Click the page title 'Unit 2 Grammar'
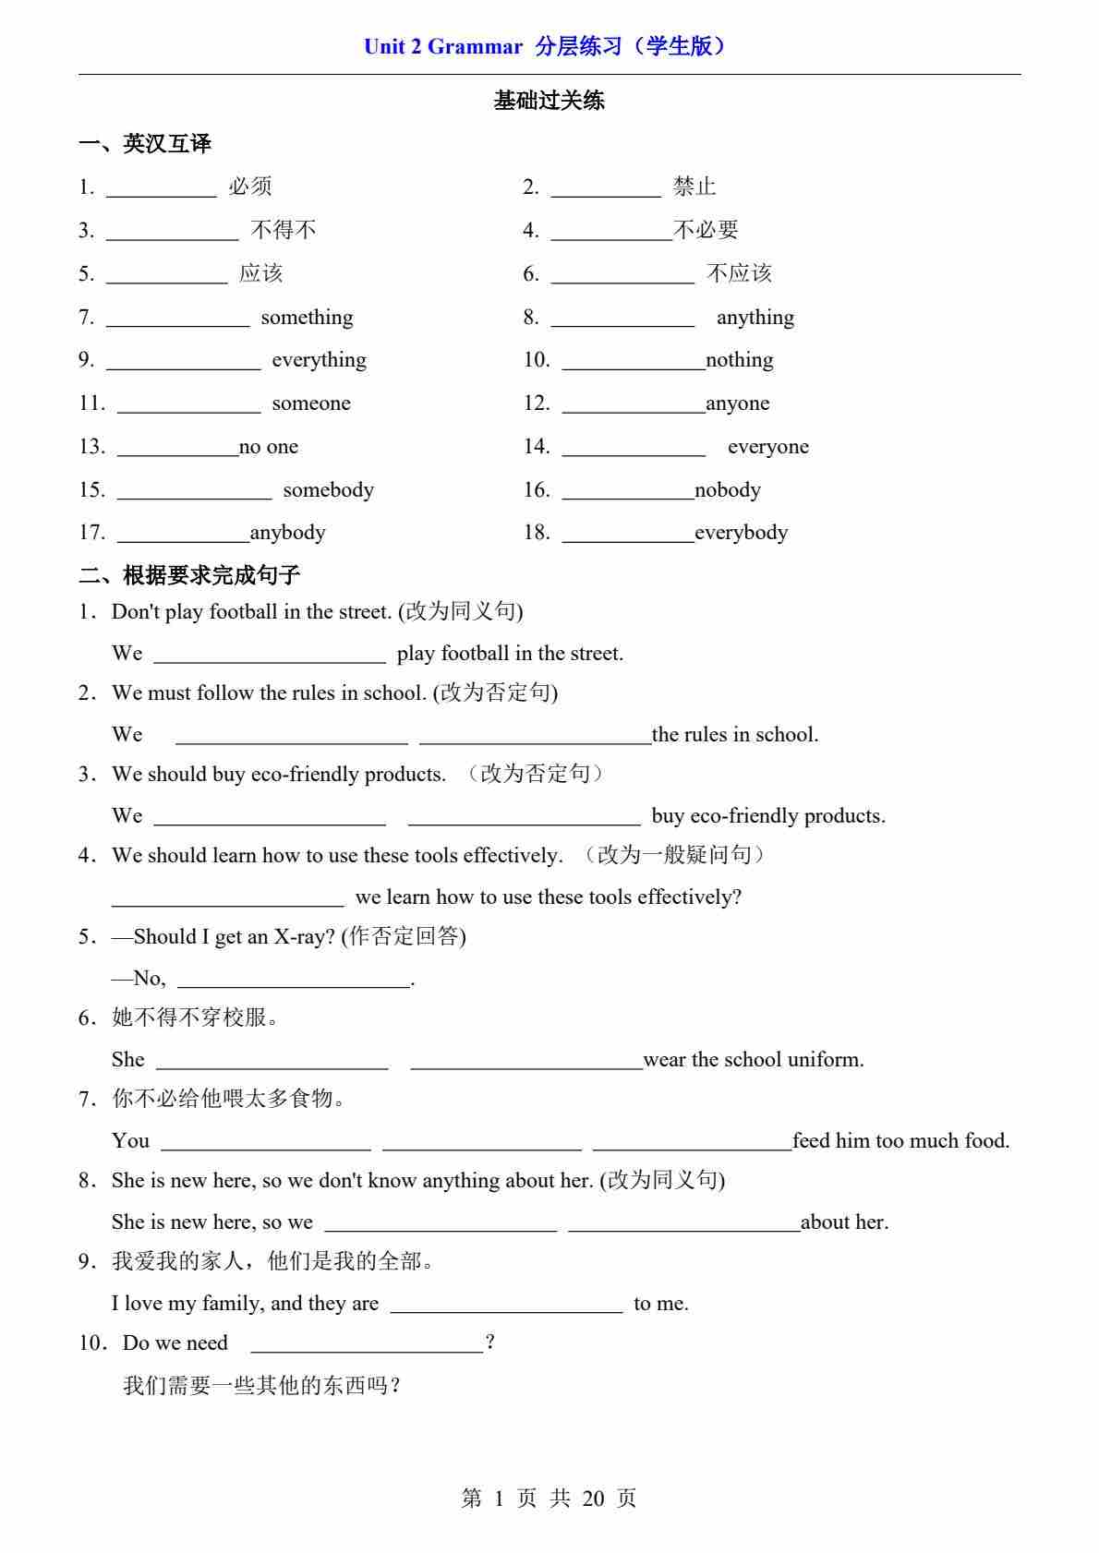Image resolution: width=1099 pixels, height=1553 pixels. coord(442,47)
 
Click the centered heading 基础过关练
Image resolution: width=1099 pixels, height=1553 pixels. coord(549,101)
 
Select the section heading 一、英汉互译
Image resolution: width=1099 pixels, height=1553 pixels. coord(145,144)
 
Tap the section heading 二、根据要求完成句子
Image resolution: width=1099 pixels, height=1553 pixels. coord(189,576)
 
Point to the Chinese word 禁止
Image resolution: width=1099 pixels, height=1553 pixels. coord(694,187)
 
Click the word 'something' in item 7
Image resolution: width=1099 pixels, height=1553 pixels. coord(307,318)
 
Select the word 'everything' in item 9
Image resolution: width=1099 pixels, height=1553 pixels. coord(319,360)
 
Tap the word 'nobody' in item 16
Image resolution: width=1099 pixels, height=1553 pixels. coord(728,490)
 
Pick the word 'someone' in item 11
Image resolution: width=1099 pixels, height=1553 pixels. coord(311,403)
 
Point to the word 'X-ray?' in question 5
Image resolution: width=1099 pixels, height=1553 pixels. coord(304,937)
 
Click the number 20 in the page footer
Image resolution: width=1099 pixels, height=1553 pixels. coord(593,1499)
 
